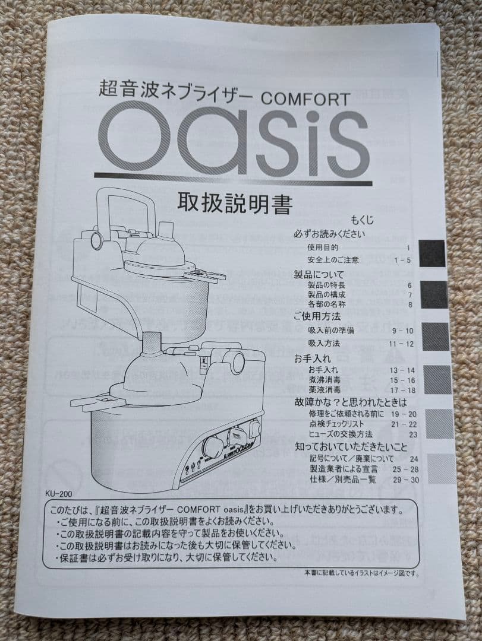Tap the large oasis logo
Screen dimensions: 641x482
click(x=234, y=140)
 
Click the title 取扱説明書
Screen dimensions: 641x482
click(x=235, y=204)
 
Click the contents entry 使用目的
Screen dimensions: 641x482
click(x=323, y=247)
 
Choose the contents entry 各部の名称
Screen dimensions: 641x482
click(x=327, y=304)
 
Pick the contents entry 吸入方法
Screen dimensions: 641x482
click(x=325, y=343)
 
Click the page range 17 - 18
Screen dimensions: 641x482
click(x=404, y=390)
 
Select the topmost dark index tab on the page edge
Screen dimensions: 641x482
click(x=432, y=253)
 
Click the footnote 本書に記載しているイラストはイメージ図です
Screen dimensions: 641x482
click(x=361, y=573)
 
